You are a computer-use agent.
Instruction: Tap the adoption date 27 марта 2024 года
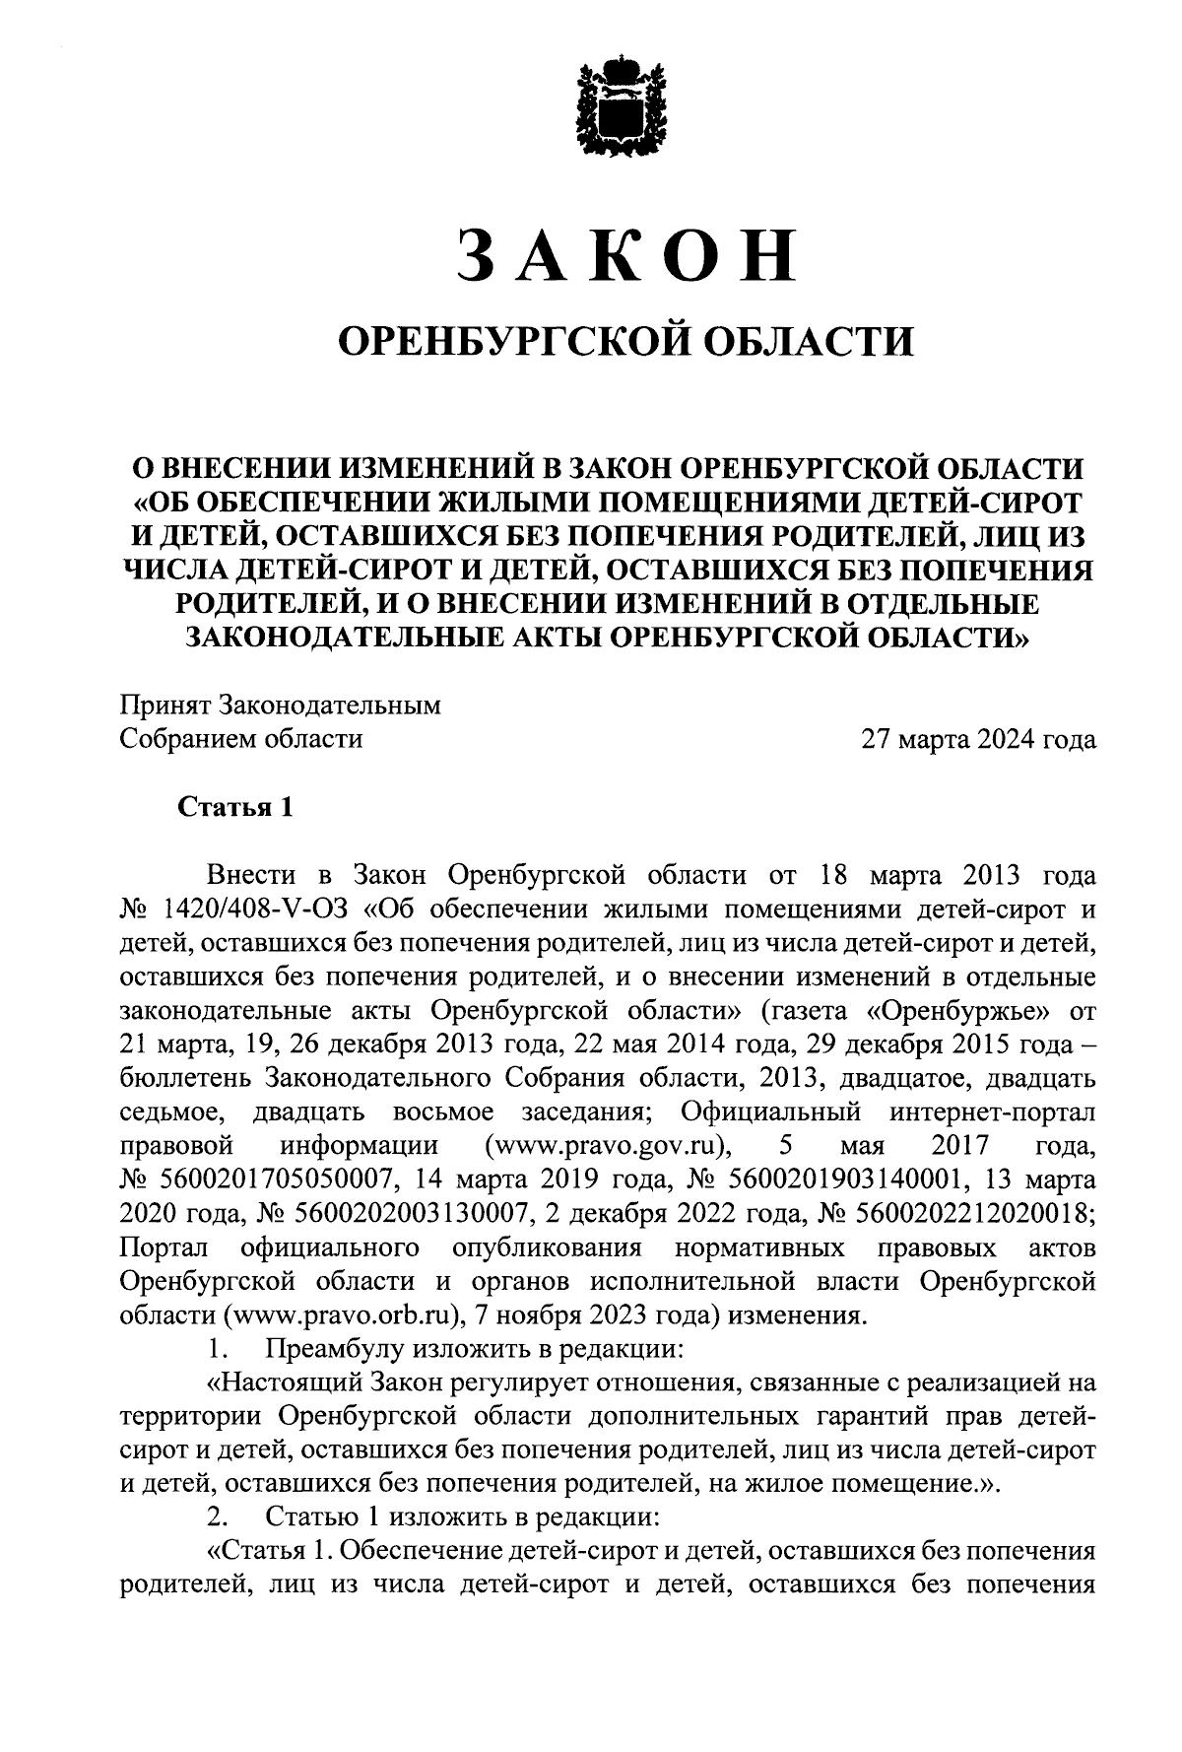tap(978, 739)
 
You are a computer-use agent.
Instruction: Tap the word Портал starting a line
tap(164, 1248)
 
